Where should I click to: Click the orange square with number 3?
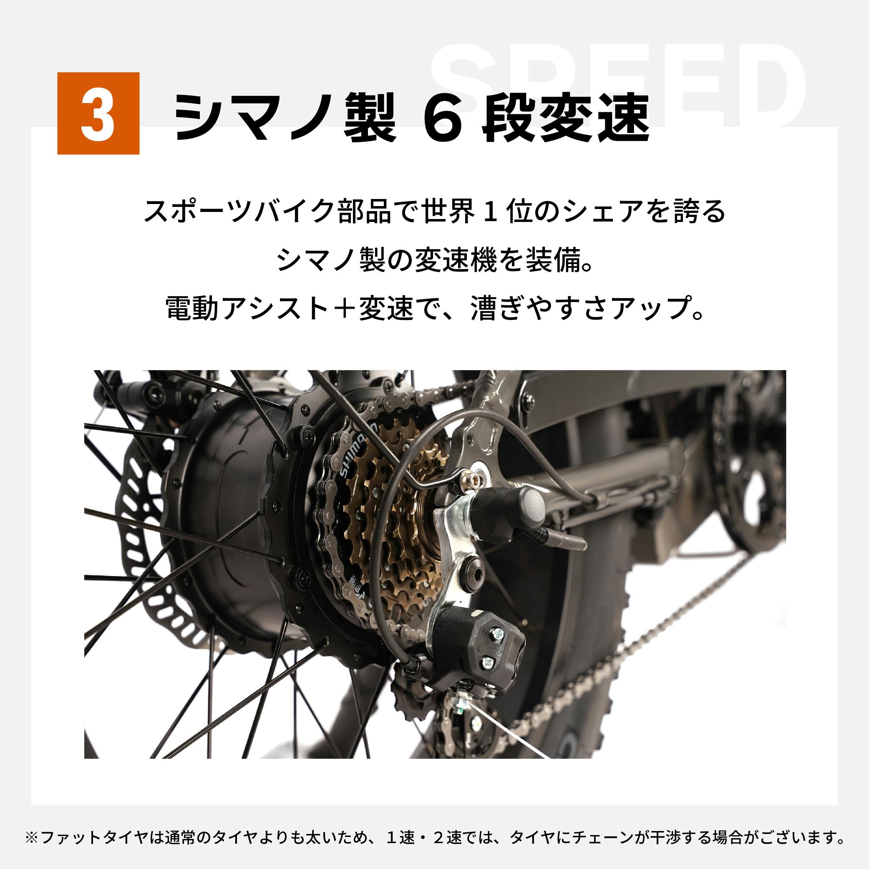(98, 113)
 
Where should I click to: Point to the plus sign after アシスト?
(343, 309)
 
